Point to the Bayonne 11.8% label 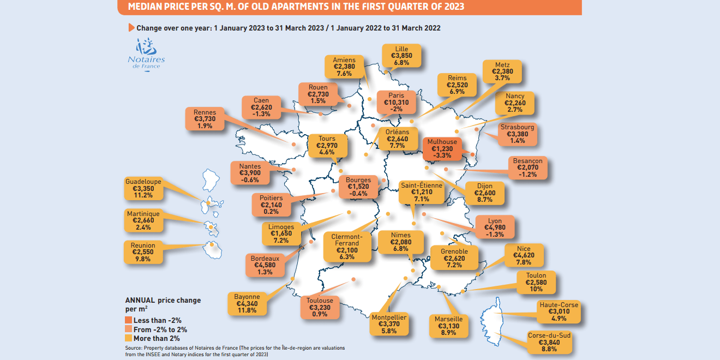[246, 303]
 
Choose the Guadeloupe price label [142, 188]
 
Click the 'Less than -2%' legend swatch [129, 320]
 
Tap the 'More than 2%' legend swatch [129, 339]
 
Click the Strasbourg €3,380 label [517, 134]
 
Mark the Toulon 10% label [536, 282]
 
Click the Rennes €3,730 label [204, 119]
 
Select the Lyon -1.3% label [495, 227]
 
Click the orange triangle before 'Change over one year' [131, 27]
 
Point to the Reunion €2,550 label [143, 253]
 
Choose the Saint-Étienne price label [421, 193]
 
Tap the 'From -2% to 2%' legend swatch [129, 329]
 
